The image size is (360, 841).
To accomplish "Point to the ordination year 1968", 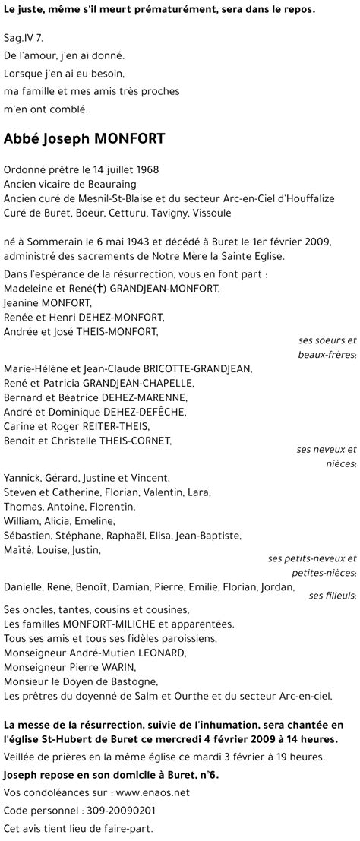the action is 146,170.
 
